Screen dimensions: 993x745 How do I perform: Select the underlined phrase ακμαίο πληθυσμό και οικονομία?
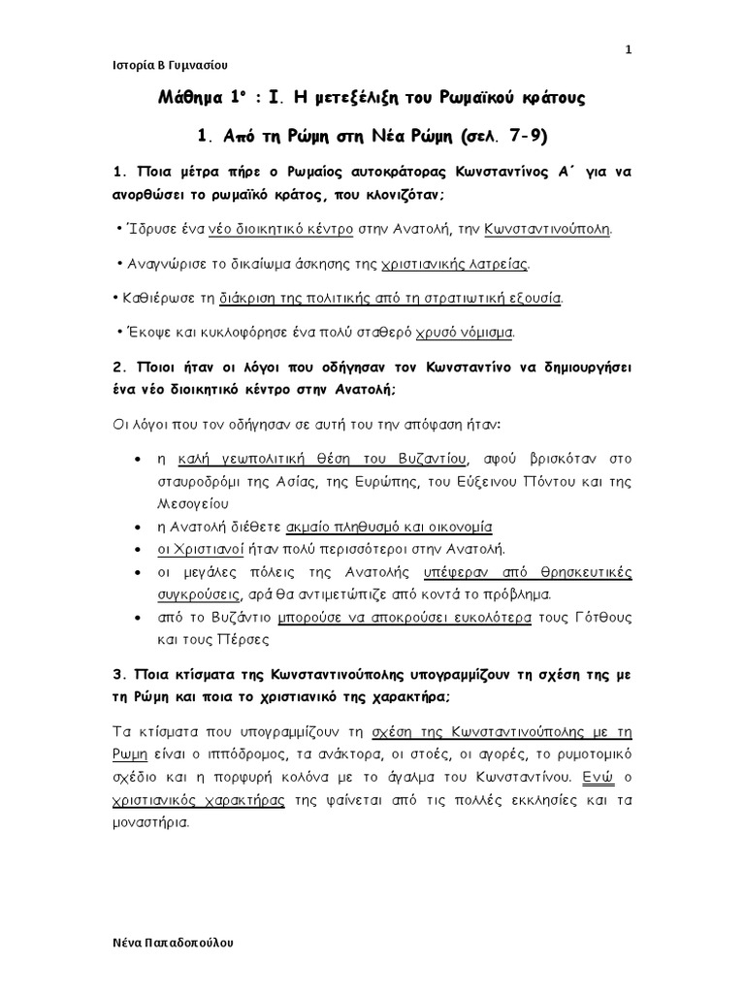pos(389,527)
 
